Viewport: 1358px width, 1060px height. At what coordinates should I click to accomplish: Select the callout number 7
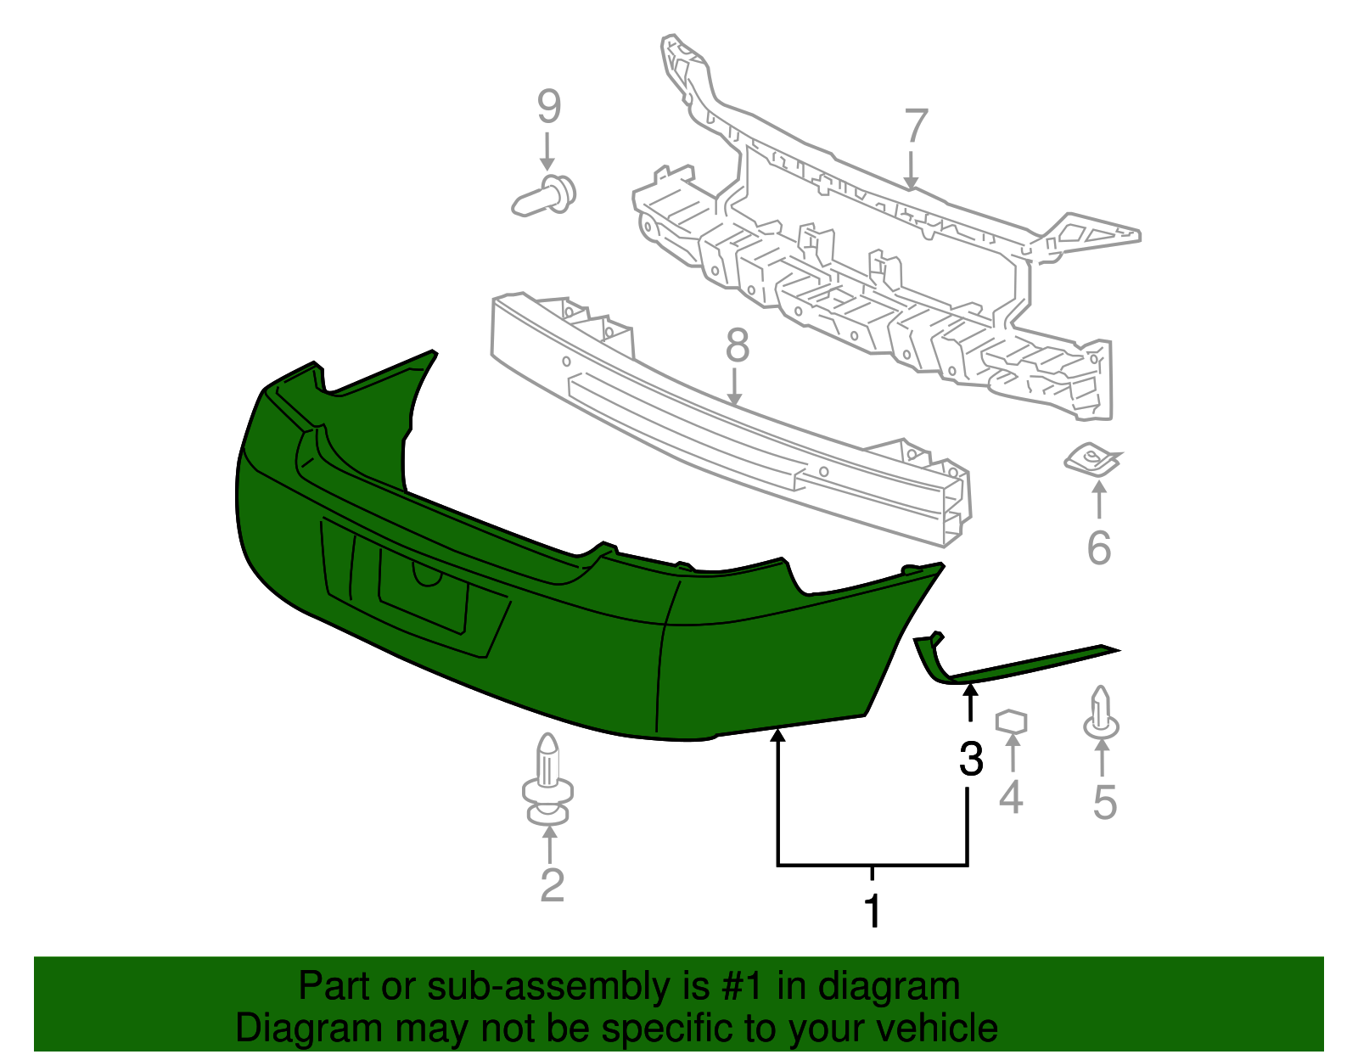pos(916,126)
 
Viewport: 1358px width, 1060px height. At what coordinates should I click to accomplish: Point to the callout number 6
pos(1099,547)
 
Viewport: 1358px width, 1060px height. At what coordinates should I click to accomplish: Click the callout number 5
pos(1104,801)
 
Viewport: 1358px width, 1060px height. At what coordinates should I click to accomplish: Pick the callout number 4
pos(1011,796)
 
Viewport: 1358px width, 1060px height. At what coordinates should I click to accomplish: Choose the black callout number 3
pos(971,759)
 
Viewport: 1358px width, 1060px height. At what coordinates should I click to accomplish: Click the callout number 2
pos(552,884)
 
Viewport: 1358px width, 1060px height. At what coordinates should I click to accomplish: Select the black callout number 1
pos(873,911)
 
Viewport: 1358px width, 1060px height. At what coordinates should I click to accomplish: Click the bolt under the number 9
pos(544,195)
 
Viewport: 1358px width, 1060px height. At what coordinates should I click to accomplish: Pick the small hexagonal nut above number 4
pos(1011,721)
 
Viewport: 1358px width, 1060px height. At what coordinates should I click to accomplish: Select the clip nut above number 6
pos(1092,459)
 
